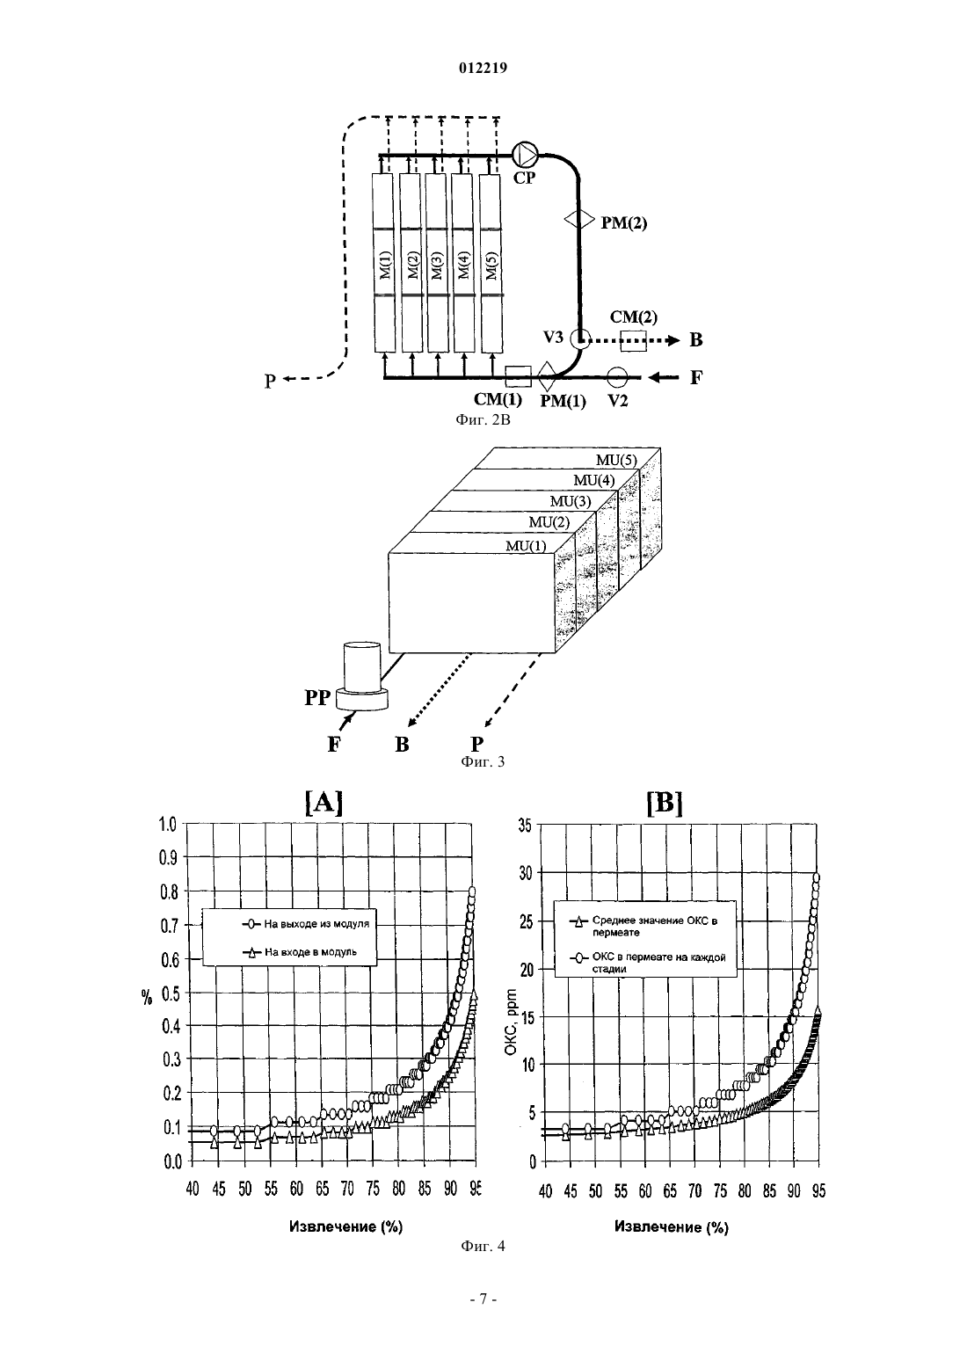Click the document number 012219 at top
[483, 68]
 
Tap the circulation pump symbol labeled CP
[525, 155]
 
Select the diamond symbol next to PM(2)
[578, 219]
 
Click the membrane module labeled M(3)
[436, 263]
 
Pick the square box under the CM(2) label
[633, 340]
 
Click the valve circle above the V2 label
[617, 377]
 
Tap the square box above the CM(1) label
[519, 376]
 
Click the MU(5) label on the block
[616, 460]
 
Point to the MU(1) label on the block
[527, 545]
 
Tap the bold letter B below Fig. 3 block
[402, 745]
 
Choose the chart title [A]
[324, 803]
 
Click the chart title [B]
[665, 803]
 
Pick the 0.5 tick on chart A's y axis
[169, 993]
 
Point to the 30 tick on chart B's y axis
[526, 873]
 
